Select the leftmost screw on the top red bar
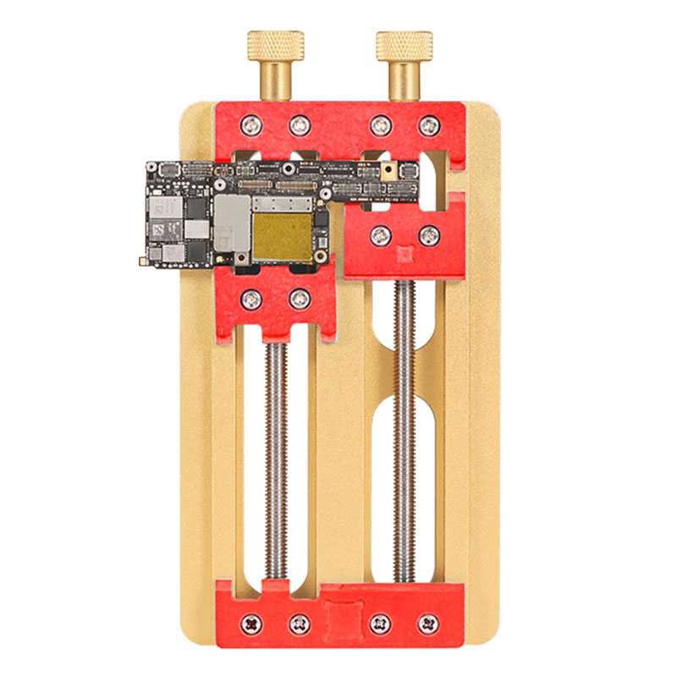pos(251,126)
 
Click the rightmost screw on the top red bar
pos(429,126)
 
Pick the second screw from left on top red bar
pos(300,126)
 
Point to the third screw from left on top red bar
pos(381,126)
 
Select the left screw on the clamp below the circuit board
pos(251,299)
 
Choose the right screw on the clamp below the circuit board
pos(300,299)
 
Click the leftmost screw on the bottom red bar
pos(251,625)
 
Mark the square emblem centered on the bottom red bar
pos(340,618)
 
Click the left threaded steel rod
pos(275,457)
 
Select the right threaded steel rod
pos(405,423)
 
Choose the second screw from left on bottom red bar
pos(300,625)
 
